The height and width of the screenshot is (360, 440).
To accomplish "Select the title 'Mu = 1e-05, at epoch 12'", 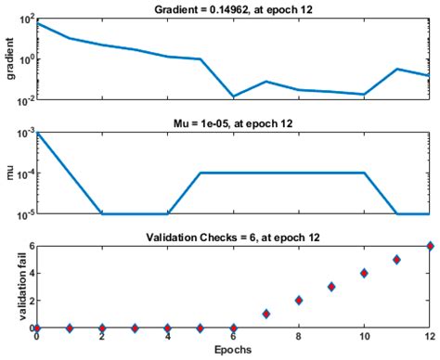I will pos(233,122).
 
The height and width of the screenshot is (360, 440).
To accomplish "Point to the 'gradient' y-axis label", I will pos(7,58).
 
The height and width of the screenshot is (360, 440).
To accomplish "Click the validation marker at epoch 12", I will pos(429,246).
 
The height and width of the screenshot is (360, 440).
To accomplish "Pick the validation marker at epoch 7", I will pos(265,314).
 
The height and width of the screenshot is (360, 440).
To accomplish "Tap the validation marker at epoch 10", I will pos(364,273).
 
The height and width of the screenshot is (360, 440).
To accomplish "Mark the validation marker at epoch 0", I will pos(37,328).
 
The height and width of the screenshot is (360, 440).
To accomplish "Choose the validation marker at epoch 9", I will pos(331,287).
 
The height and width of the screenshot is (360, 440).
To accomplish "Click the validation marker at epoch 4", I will pos(168,328).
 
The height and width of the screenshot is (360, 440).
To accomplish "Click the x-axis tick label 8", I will pos(299,340).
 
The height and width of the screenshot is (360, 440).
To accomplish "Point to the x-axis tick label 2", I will pos(102,340).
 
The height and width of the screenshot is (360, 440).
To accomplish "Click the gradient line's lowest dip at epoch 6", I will pos(233,96).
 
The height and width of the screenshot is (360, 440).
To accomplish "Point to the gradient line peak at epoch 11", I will pos(396,69).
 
